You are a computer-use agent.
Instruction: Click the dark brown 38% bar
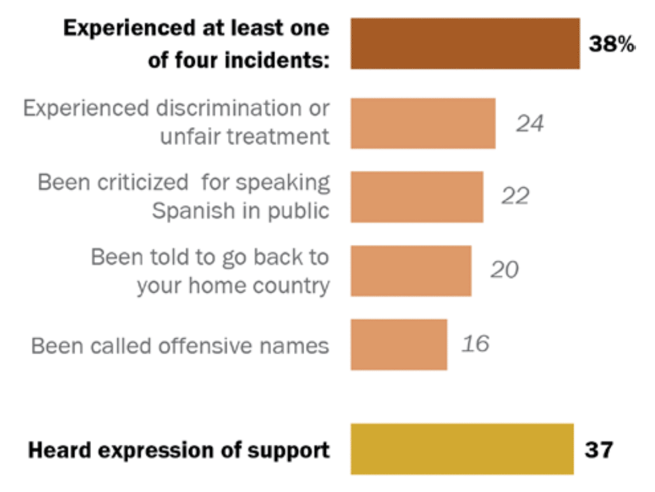(465, 43)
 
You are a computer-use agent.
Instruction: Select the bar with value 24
(423, 123)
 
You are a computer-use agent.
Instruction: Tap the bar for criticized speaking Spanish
(417, 197)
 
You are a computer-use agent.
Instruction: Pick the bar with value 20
(411, 271)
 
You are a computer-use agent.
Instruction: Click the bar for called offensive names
(399, 344)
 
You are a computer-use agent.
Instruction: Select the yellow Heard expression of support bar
(462, 449)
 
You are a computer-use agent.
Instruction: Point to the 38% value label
(611, 44)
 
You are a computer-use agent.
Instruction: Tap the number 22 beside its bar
(515, 196)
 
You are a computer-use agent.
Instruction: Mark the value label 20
(504, 270)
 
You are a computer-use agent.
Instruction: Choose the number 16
(475, 344)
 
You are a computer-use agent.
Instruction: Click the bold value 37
(599, 449)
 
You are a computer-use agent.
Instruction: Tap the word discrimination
(243, 109)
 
